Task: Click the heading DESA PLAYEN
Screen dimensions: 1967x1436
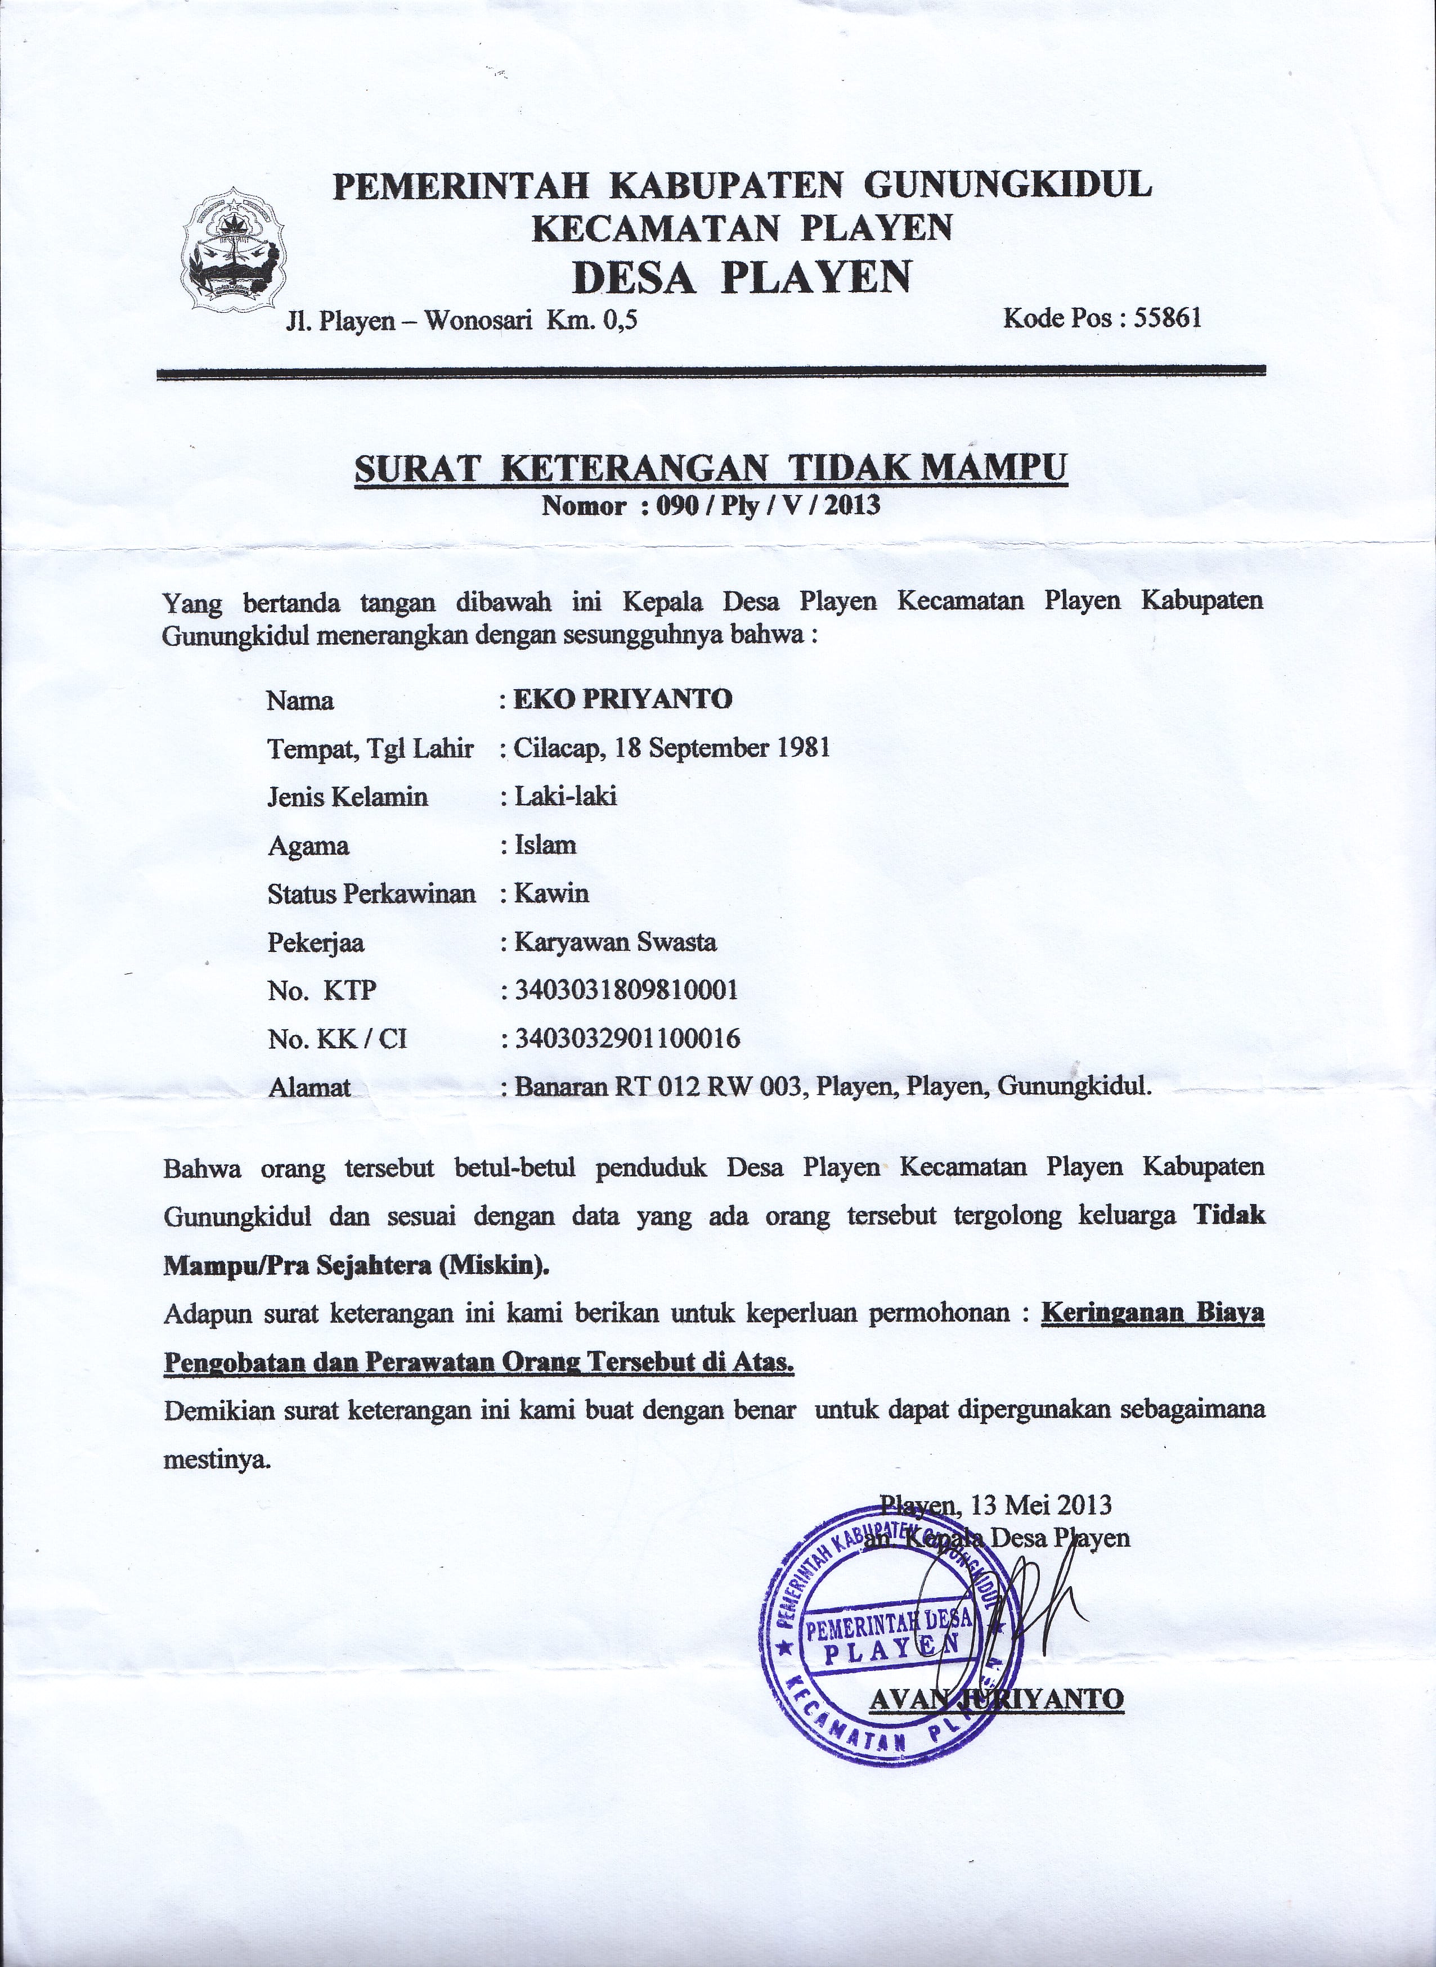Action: (x=743, y=276)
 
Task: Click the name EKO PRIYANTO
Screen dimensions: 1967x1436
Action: (x=622, y=699)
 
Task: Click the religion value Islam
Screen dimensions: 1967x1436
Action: (x=545, y=845)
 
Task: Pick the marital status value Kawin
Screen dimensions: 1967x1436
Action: (x=551, y=893)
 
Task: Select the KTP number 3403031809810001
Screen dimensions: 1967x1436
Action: (x=626, y=990)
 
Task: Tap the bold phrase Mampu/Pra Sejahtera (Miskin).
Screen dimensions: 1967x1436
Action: (x=356, y=1265)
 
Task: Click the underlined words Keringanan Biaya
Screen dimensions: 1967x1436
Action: (x=1152, y=1313)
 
